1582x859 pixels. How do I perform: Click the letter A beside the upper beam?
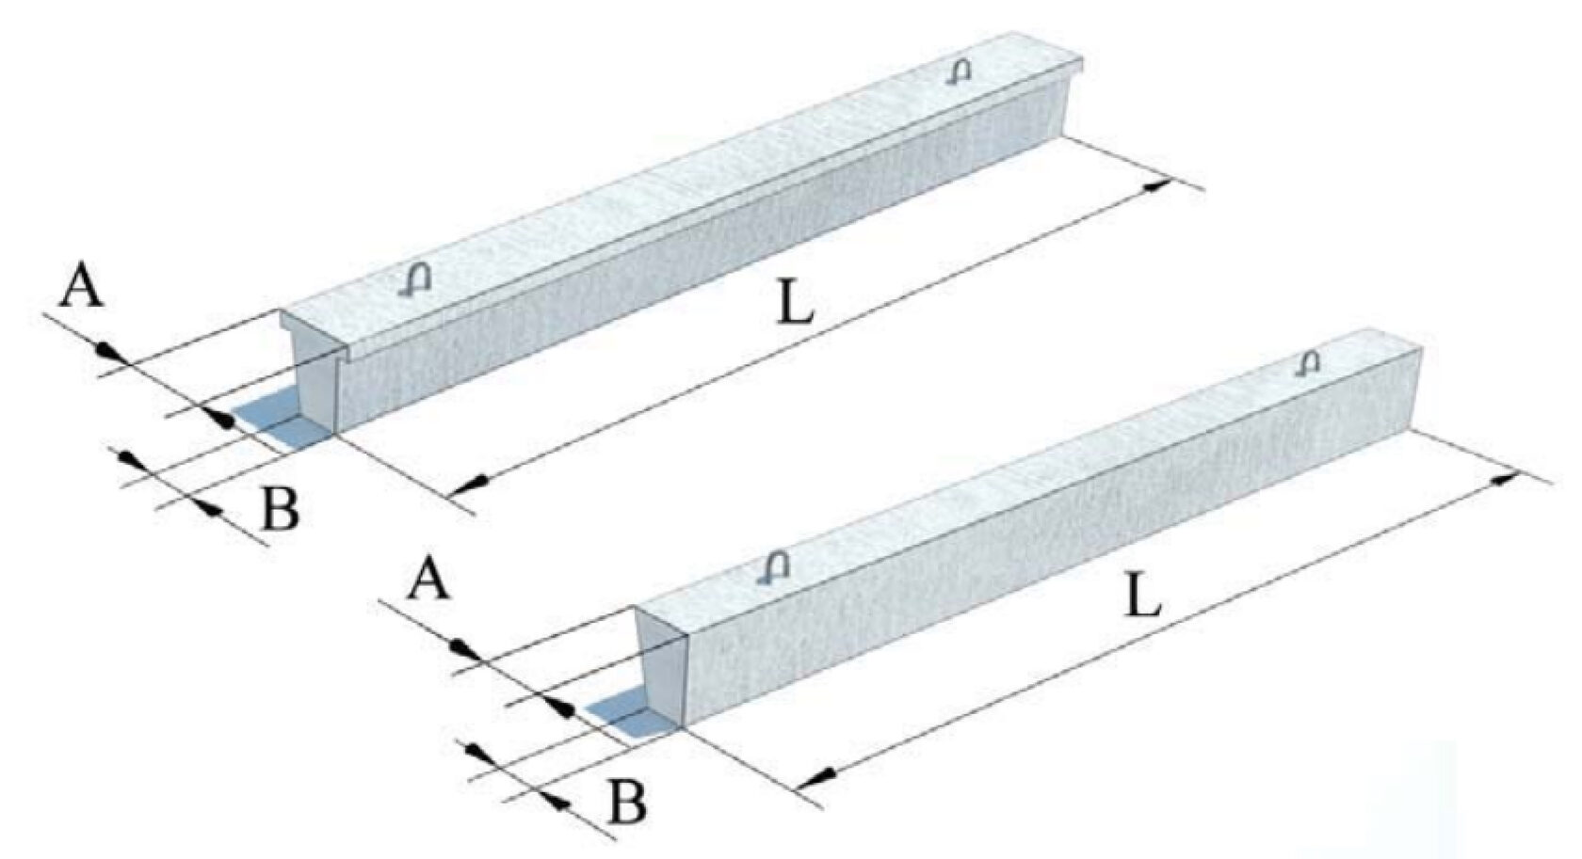(x=82, y=286)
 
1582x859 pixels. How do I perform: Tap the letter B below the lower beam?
(x=626, y=803)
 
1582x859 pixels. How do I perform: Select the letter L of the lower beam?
(x=1143, y=596)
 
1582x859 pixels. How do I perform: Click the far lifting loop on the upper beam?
(x=960, y=72)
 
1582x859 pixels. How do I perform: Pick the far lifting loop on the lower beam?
(x=1309, y=362)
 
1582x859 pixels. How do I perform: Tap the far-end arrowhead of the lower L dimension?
(x=1506, y=478)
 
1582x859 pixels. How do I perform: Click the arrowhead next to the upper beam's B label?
(x=213, y=509)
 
